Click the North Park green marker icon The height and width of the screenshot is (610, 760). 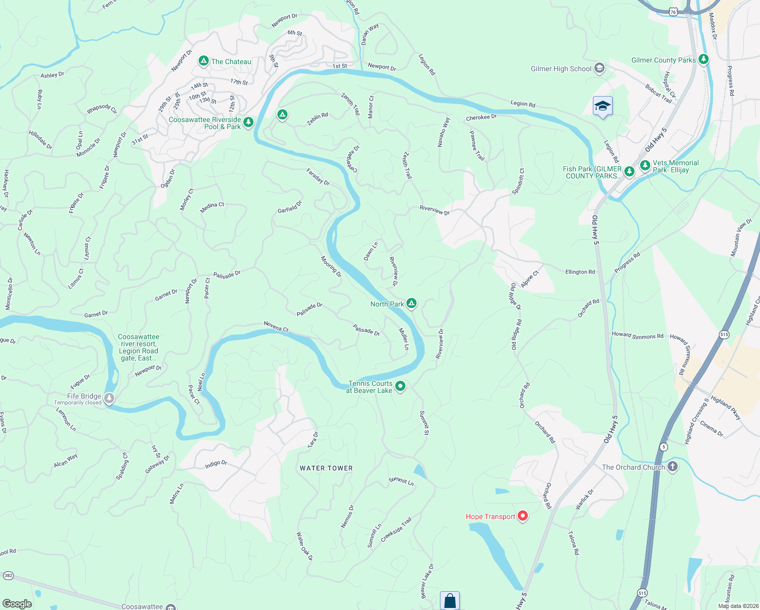411,303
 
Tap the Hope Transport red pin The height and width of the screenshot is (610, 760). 522,516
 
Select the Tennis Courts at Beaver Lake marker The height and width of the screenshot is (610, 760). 400,387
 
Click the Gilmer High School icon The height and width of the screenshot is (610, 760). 599,68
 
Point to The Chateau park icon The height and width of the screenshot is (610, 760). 204,61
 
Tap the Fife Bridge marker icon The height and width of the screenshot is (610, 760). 109,398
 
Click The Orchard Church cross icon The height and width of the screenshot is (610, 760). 673,467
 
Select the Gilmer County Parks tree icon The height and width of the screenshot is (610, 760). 704,59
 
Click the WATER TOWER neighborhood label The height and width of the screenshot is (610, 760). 326,468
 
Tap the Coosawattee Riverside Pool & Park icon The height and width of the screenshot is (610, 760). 248,123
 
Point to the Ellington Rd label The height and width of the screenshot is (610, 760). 580,272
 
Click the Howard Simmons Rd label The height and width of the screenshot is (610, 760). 638,335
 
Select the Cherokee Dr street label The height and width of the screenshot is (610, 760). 481,117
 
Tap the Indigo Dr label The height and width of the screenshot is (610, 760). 216,464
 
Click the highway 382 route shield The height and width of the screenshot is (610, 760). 8,576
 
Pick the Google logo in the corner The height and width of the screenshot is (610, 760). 17,604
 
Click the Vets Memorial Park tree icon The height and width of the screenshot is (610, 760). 645,166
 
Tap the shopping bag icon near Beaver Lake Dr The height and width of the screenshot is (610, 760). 450,600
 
